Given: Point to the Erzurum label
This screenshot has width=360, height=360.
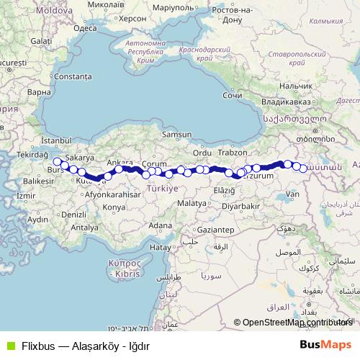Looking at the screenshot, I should click(260, 176).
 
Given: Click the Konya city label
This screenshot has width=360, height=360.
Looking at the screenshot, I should click(114, 207).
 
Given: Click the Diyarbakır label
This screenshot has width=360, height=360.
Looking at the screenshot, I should click(240, 205).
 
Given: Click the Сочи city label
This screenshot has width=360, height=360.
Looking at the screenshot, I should click(232, 95).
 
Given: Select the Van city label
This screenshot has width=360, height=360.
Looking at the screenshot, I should click(292, 194).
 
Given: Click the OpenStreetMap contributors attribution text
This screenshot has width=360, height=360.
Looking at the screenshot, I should click(298, 323).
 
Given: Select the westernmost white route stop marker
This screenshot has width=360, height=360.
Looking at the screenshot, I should click(57, 162).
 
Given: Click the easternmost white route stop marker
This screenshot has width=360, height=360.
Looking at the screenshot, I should click(304, 168).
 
